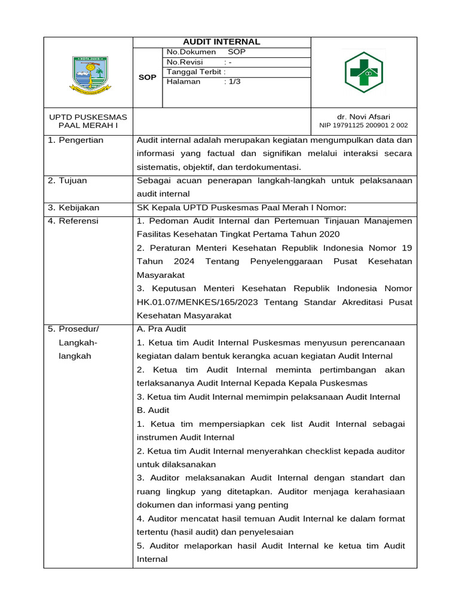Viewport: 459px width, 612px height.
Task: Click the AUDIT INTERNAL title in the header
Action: click(221, 42)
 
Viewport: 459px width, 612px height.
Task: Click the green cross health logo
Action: click(363, 73)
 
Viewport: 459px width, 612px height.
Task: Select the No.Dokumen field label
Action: click(191, 53)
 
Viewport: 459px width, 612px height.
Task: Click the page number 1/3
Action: click(232, 82)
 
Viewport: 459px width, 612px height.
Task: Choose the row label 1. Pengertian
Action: click(75, 140)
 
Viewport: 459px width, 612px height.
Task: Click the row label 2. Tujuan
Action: click(68, 180)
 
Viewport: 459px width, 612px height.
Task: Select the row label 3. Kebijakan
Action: click(74, 208)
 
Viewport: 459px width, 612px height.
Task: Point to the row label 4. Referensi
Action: click(74, 221)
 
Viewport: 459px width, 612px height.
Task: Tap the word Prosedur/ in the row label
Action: click(78, 329)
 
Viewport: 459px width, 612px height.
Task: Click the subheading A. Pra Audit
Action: click(161, 329)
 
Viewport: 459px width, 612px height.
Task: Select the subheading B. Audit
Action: click(153, 411)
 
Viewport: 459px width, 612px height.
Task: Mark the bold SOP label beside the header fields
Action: click(147, 78)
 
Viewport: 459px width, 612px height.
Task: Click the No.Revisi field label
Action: click(185, 62)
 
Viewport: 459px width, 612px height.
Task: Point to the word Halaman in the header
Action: click(183, 82)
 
